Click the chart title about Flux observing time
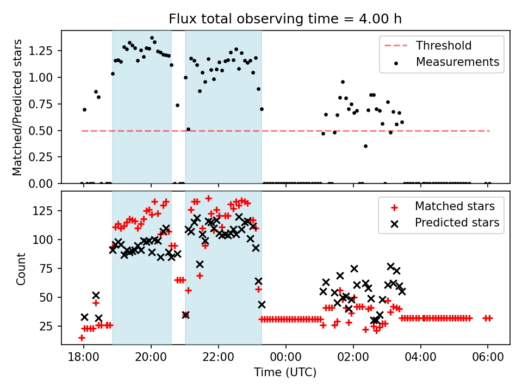(x=285, y=20)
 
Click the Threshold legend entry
(x=444, y=46)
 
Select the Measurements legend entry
(x=457, y=62)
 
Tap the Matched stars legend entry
(x=455, y=206)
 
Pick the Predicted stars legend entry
(x=457, y=223)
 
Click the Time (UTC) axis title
(x=285, y=373)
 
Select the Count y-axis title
(x=21, y=267)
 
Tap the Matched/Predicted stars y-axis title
(x=18, y=107)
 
